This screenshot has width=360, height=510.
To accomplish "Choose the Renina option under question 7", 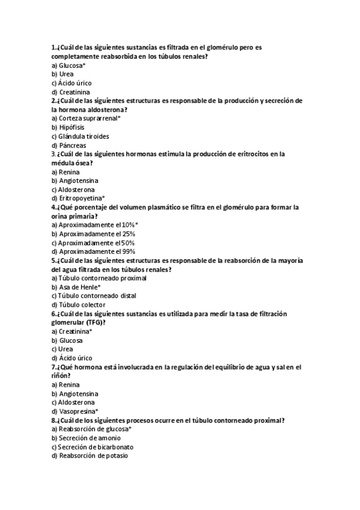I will pyautogui.click(x=66, y=384).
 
